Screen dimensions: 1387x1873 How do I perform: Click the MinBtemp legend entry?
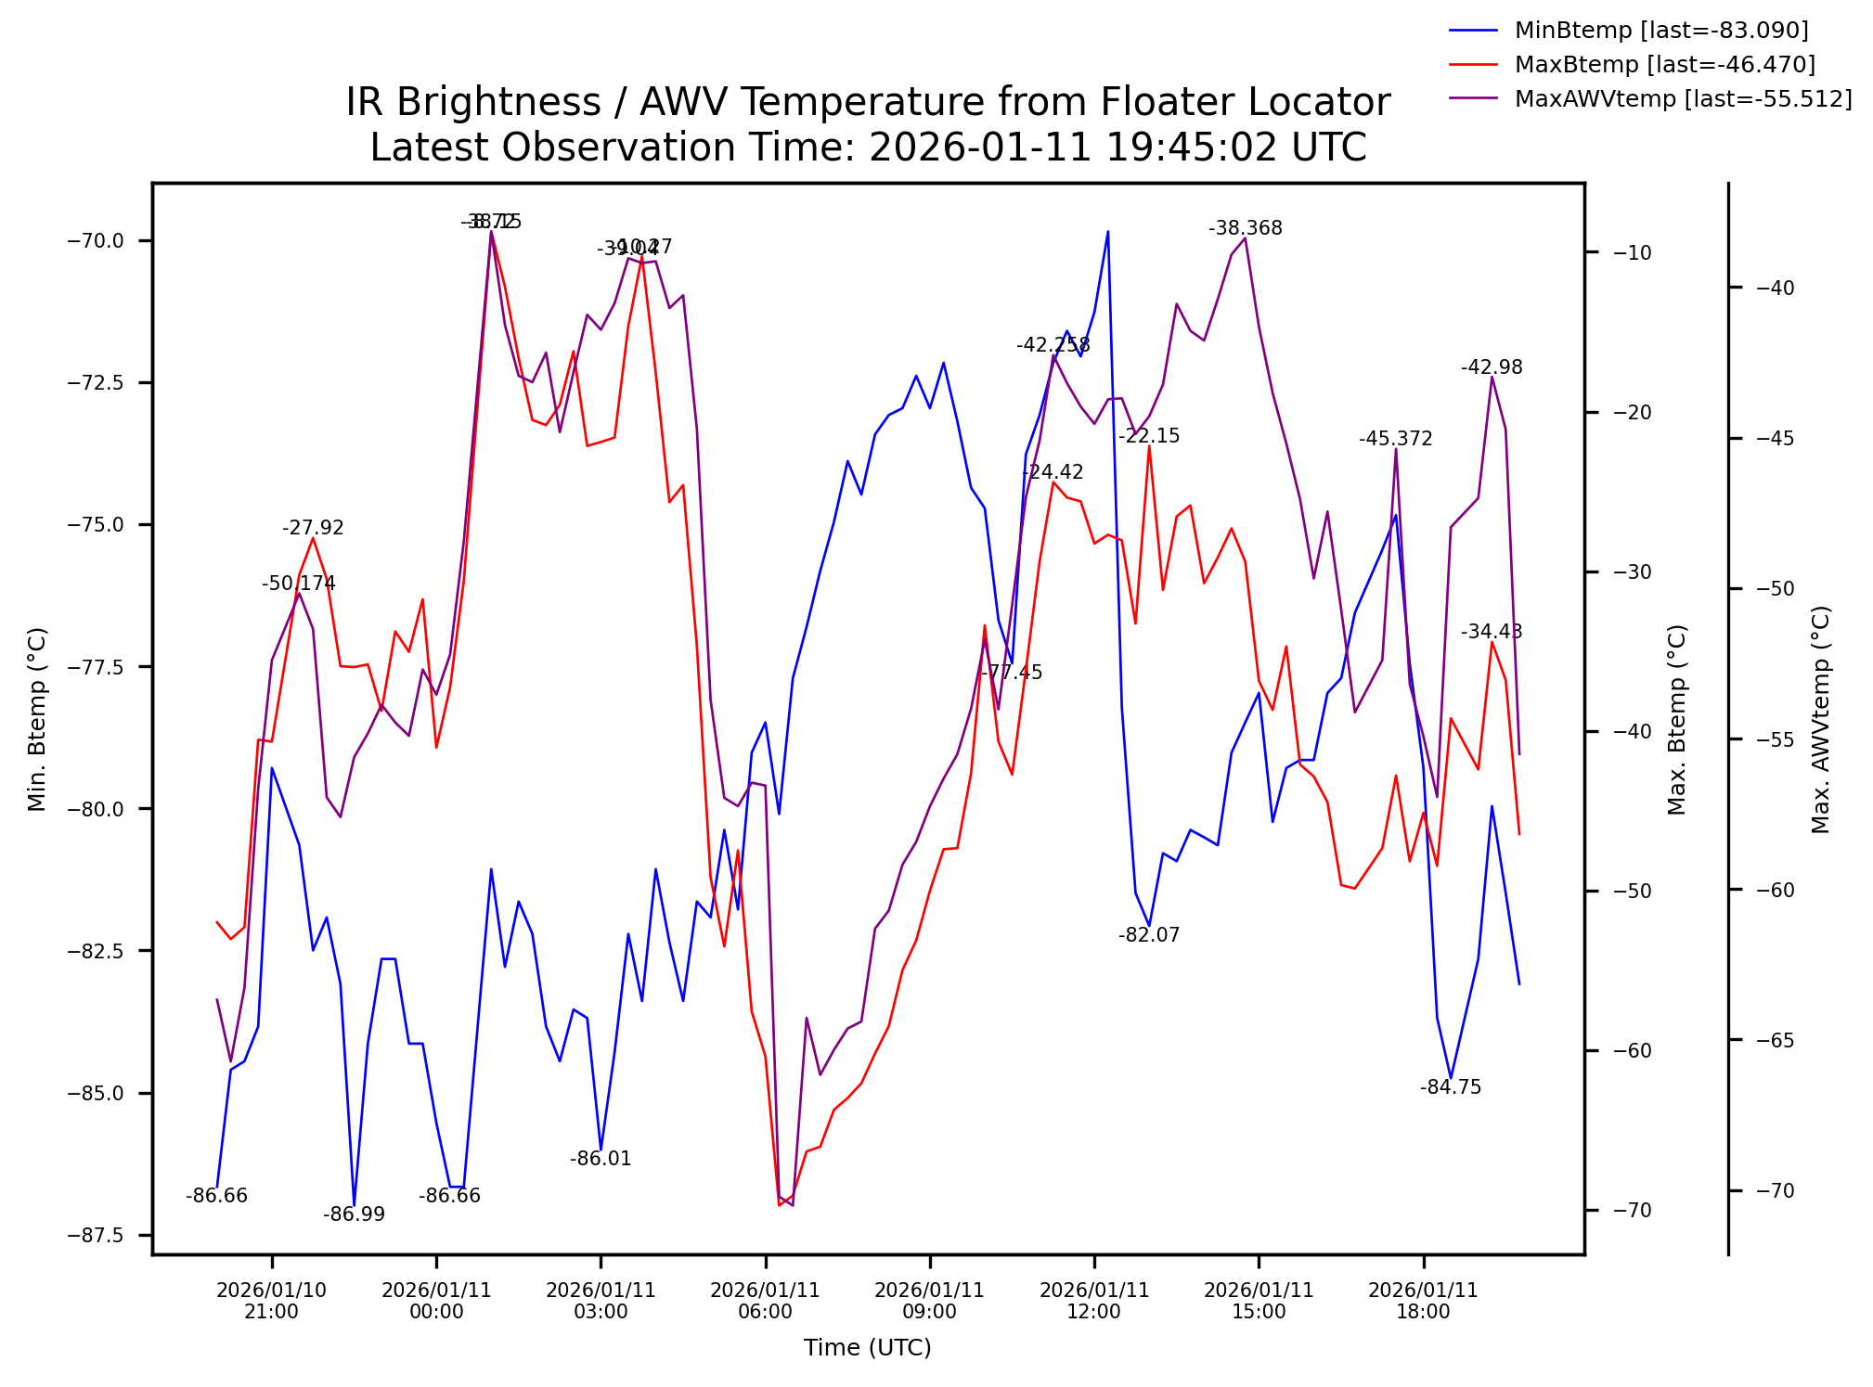[x=1660, y=31]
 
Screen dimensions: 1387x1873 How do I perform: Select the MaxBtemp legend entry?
[x=1664, y=65]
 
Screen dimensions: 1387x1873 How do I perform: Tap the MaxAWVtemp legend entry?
[x=1682, y=99]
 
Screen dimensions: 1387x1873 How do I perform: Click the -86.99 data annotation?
[x=354, y=1214]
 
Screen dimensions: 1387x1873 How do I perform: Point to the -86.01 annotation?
[x=601, y=1159]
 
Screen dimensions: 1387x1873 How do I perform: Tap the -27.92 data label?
[x=313, y=528]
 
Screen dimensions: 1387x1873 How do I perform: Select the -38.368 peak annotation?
[x=1245, y=228]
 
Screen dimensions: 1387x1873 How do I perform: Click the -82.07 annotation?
[x=1149, y=935]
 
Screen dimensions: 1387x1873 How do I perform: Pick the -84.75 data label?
[x=1451, y=1087]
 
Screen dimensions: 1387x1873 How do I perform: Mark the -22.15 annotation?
[x=1149, y=436]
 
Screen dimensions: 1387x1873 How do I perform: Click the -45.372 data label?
[x=1395, y=439]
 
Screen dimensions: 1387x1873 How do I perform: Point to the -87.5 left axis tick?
[x=95, y=1235]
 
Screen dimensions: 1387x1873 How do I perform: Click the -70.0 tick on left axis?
[x=95, y=241]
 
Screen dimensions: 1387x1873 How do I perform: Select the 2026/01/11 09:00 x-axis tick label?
[x=929, y=1301]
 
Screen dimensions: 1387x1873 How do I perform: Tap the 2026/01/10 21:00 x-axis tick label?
[x=271, y=1301]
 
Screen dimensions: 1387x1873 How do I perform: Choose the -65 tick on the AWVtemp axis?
[x=1776, y=1040]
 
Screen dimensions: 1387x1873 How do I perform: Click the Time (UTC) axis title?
[x=867, y=1347]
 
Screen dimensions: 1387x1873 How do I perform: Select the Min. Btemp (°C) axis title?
[x=37, y=719]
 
